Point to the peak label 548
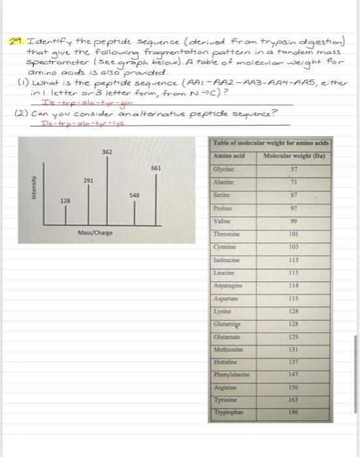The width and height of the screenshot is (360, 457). (135, 194)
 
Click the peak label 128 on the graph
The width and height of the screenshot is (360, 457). (66, 201)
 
